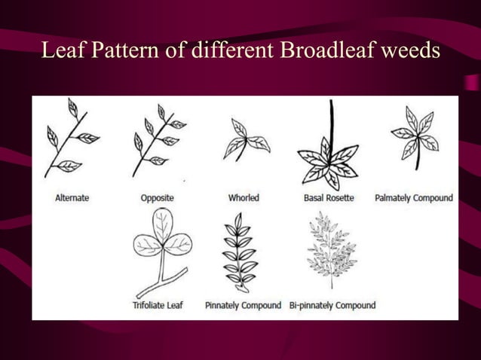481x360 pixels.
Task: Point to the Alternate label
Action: (x=72, y=198)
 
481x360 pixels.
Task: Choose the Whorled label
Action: (x=244, y=198)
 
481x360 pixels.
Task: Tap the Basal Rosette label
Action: (x=328, y=198)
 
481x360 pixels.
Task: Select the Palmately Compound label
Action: (x=414, y=198)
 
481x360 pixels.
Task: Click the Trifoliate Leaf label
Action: (x=158, y=306)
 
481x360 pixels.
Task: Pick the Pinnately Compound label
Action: (x=243, y=306)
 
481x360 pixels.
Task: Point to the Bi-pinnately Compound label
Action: (x=332, y=306)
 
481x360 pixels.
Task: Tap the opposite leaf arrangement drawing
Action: (x=158, y=140)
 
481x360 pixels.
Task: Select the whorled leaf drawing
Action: (x=244, y=141)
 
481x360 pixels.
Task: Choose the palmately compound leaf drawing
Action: (x=415, y=136)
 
